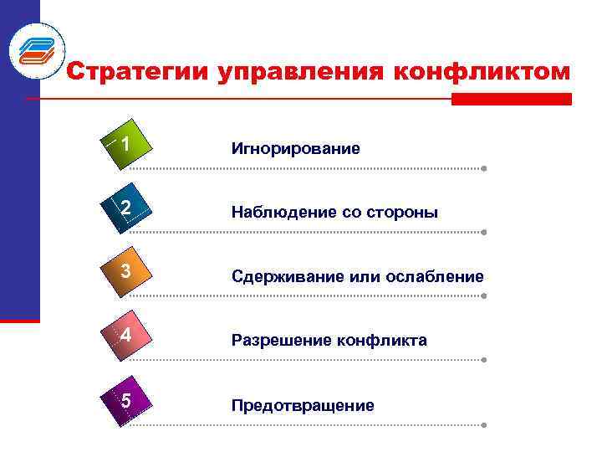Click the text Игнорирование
tap(296, 149)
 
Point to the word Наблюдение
tap(283, 213)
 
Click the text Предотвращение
tap(303, 405)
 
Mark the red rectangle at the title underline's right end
tap(511, 99)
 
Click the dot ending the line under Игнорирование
tap(485, 168)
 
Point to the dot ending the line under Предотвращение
tap(485, 425)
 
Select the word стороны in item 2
tap(408, 213)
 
